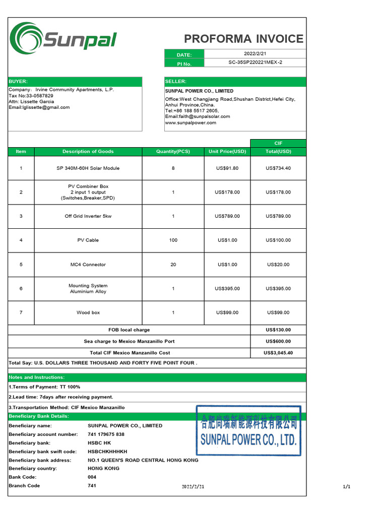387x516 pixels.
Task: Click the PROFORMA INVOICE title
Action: [243, 39]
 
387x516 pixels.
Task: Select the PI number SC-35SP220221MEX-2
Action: [255, 63]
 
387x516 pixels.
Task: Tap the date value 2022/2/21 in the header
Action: [255, 54]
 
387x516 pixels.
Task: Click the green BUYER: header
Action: [75, 82]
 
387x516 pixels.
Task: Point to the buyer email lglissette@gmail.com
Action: [39, 107]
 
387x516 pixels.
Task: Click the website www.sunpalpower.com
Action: [190, 122]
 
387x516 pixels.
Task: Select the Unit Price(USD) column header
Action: [227, 152]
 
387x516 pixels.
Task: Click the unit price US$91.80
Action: [227, 168]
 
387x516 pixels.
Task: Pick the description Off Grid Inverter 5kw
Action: [88, 216]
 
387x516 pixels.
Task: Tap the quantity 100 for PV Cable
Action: [173, 240]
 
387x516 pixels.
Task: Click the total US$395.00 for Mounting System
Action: [278, 289]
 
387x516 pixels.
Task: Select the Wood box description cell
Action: [88, 313]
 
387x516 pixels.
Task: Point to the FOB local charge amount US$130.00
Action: [278, 330]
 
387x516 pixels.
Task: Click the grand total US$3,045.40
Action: [278, 353]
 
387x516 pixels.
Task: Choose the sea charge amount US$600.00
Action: [278, 342]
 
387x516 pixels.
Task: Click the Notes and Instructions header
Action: [37, 377]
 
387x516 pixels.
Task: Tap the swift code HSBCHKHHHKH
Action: [107, 451]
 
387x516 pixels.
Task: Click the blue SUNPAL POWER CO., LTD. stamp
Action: [248, 431]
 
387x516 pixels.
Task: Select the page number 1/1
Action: [346, 487]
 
